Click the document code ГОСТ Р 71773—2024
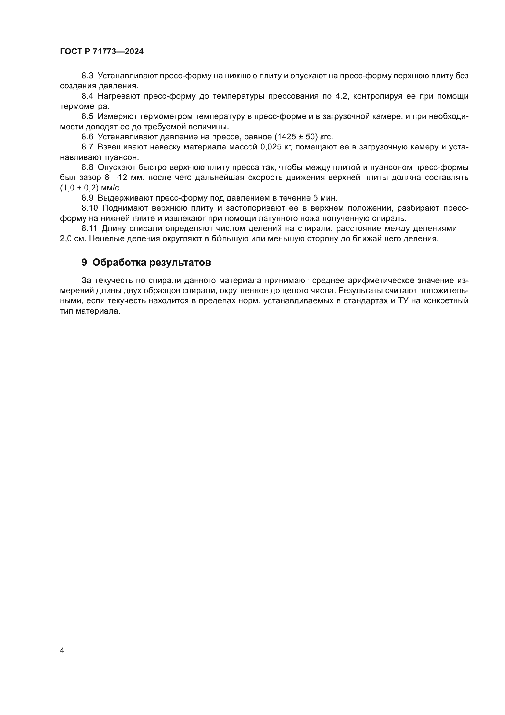coord(102,52)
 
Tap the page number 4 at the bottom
coord(62,650)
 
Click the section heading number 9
coord(84,263)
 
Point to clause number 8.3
coord(87,76)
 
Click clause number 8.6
coord(87,137)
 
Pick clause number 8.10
coord(89,208)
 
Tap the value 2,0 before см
coord(67,239)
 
